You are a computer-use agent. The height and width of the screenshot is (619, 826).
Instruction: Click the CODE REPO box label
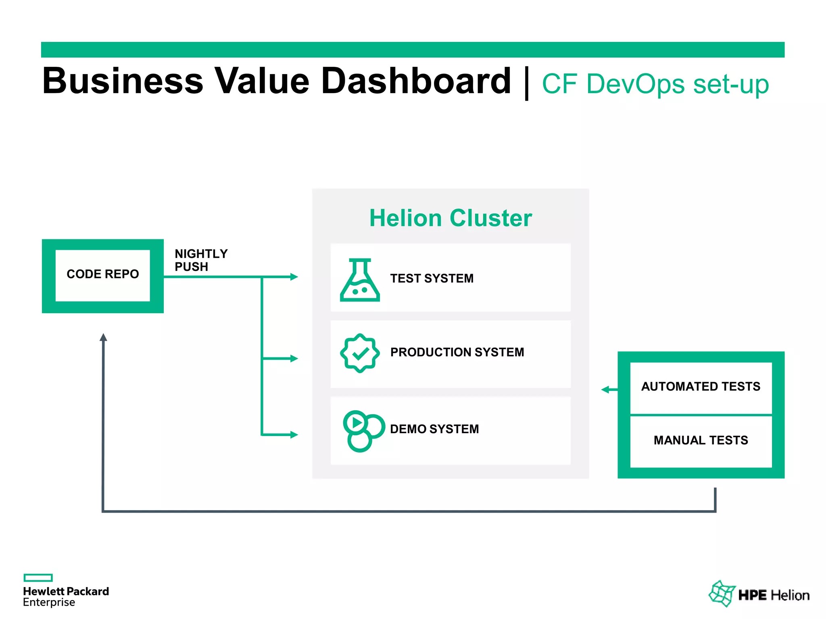click(102, 274)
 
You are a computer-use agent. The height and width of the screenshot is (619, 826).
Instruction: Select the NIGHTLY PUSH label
click(200, 260)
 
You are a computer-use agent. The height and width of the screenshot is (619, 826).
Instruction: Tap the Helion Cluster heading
click(451, 218)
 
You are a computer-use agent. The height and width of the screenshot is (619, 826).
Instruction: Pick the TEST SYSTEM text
click(432, 278)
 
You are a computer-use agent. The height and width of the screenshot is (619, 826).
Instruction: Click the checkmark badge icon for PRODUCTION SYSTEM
click(360, 353)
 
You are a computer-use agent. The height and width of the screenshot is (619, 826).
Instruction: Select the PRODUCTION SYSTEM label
click(457, 352)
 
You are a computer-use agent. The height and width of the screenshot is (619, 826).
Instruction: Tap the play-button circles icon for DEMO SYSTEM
click(362, 431)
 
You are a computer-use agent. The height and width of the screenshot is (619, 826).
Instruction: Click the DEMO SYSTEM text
click(434, 429)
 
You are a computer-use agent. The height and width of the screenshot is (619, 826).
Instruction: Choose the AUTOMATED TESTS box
click(701, 387)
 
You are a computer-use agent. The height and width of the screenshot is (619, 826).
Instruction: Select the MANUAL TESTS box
click(701, 440)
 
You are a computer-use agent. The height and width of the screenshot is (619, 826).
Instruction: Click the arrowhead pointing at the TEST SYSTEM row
click(294, 277)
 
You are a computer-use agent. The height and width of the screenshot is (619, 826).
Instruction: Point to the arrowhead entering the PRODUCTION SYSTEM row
click(294, 359)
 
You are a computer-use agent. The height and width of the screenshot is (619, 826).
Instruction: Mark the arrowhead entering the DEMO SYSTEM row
click(294, 435)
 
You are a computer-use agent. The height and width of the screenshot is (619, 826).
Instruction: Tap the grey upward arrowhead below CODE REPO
click(103, 338)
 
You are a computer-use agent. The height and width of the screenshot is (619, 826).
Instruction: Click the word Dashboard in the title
click(416, 81)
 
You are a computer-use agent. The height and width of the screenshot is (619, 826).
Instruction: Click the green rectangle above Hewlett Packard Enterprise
click(38, 577)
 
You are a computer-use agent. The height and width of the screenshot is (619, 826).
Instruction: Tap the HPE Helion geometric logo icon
click(722, 594)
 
